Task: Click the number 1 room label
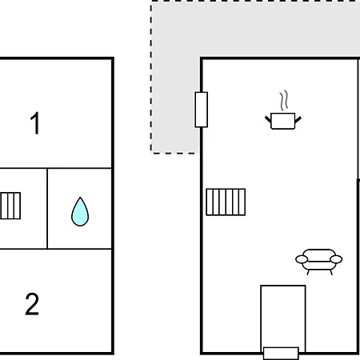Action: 35,123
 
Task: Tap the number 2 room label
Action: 32,304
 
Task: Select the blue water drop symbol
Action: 80,212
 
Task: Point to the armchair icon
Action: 319,262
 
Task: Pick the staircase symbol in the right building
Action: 226,202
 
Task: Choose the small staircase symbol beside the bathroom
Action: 10,206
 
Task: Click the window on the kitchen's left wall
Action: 202,110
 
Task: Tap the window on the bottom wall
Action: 281,354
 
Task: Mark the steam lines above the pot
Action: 284,100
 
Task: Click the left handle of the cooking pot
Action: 268,119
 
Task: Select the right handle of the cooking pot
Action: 298,119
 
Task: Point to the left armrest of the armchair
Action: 302,259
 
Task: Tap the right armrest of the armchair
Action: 336,259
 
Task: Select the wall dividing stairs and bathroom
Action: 47,209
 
